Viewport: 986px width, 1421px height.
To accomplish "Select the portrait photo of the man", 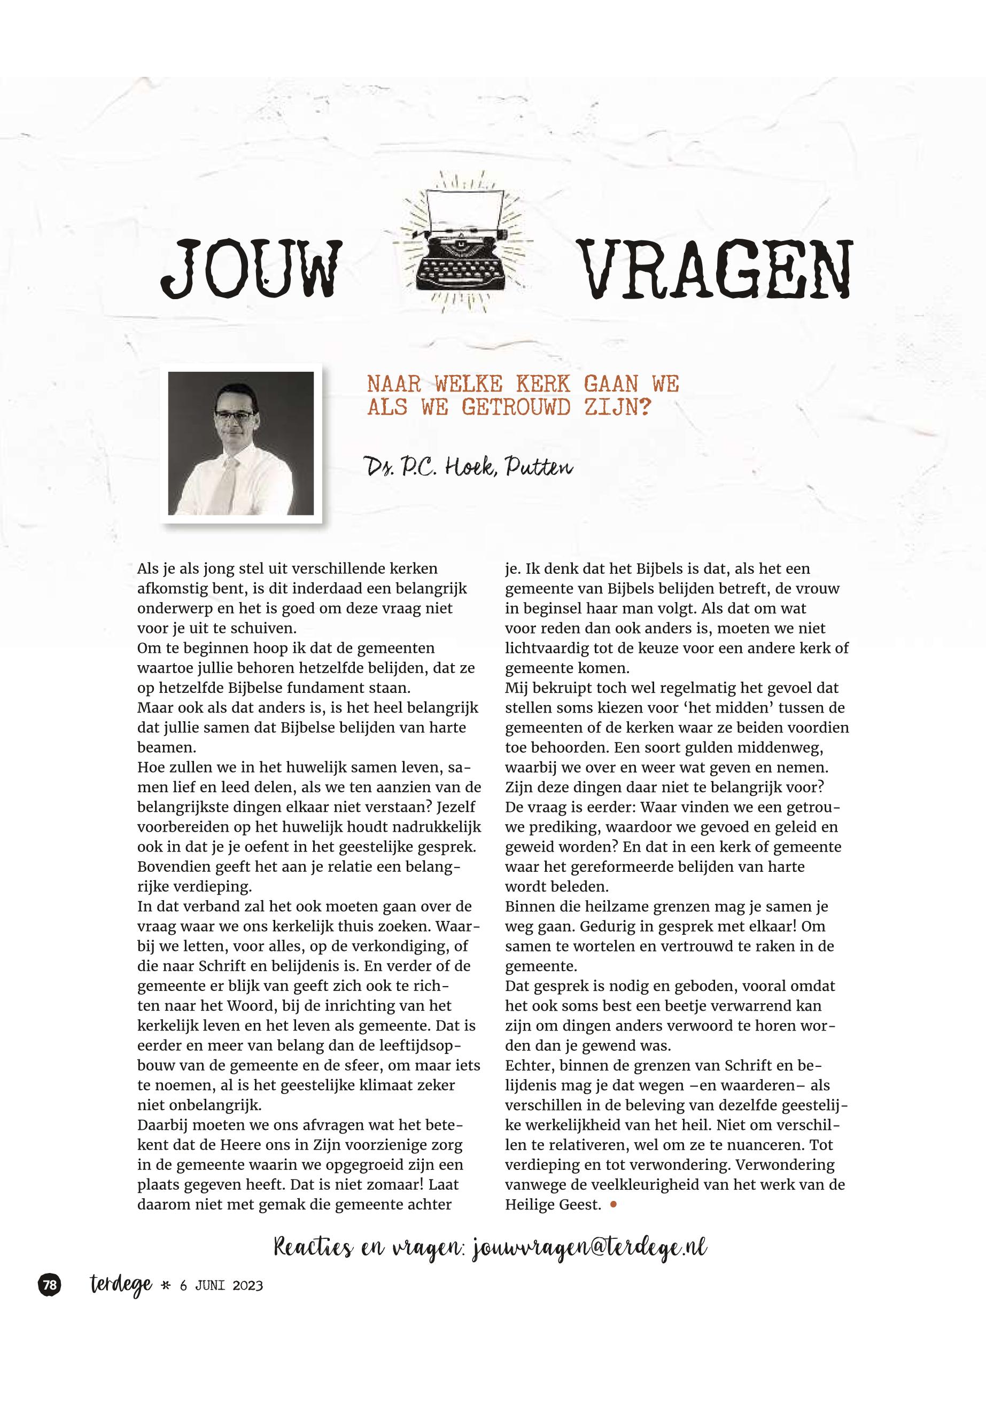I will click(x=241, y=443).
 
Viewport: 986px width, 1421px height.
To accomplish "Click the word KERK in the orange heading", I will click(x=543, y=384).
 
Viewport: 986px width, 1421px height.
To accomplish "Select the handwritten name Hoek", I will click(x=464, y=467).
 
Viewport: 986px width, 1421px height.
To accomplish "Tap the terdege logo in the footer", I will click(x=120, y=1285).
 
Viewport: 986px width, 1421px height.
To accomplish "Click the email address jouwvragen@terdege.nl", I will click(x=589, y=1247).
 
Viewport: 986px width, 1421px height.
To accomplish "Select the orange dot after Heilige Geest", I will click(x=613, y=1204).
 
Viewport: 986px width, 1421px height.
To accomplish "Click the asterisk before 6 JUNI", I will click(x=165, y=1286).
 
